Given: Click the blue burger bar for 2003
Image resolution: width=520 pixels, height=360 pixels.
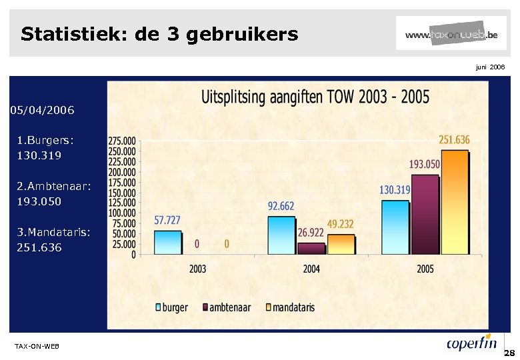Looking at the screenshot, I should click(x=167, y=242).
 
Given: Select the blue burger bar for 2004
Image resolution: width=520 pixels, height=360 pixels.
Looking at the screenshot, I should click(x=281, y=235).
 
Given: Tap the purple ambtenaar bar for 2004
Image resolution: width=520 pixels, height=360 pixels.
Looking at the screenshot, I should click(x=311, y=248).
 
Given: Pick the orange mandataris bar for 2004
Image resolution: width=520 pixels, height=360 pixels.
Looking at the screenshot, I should click(x=341, y=243).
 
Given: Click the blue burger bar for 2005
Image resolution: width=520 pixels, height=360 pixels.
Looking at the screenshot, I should click(x=395, y=227).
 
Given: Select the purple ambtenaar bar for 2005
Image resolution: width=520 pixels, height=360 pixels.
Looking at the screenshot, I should click(x=425, y=214).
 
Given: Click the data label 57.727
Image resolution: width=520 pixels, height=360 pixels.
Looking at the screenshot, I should click(x=167, y=220).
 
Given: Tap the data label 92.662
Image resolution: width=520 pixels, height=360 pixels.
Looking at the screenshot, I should click(x=281, y=206).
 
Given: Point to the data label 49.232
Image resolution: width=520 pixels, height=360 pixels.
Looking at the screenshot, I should click(x=340, y=224).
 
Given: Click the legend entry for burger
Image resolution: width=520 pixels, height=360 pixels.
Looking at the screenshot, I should click(x=172, y=307).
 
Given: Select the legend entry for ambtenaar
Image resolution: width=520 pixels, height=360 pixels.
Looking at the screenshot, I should click(x=226, y=307).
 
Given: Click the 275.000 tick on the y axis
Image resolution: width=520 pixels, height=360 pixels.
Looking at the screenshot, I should click(x=122, y=141).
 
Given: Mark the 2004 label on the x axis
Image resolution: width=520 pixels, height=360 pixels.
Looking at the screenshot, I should click(x=311, y=269).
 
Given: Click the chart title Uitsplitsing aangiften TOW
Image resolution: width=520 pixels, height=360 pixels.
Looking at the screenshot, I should click(x=315, y=97).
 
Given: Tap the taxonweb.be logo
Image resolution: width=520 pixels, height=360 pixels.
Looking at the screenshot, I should click(x=451, y=34).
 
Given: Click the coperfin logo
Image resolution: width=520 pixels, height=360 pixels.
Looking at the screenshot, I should click(x=472, y=343).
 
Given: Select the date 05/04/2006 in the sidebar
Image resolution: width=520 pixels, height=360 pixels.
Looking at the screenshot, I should click(x=42, y=109).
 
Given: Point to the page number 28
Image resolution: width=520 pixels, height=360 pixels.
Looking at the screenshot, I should click(x=510, y=352).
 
